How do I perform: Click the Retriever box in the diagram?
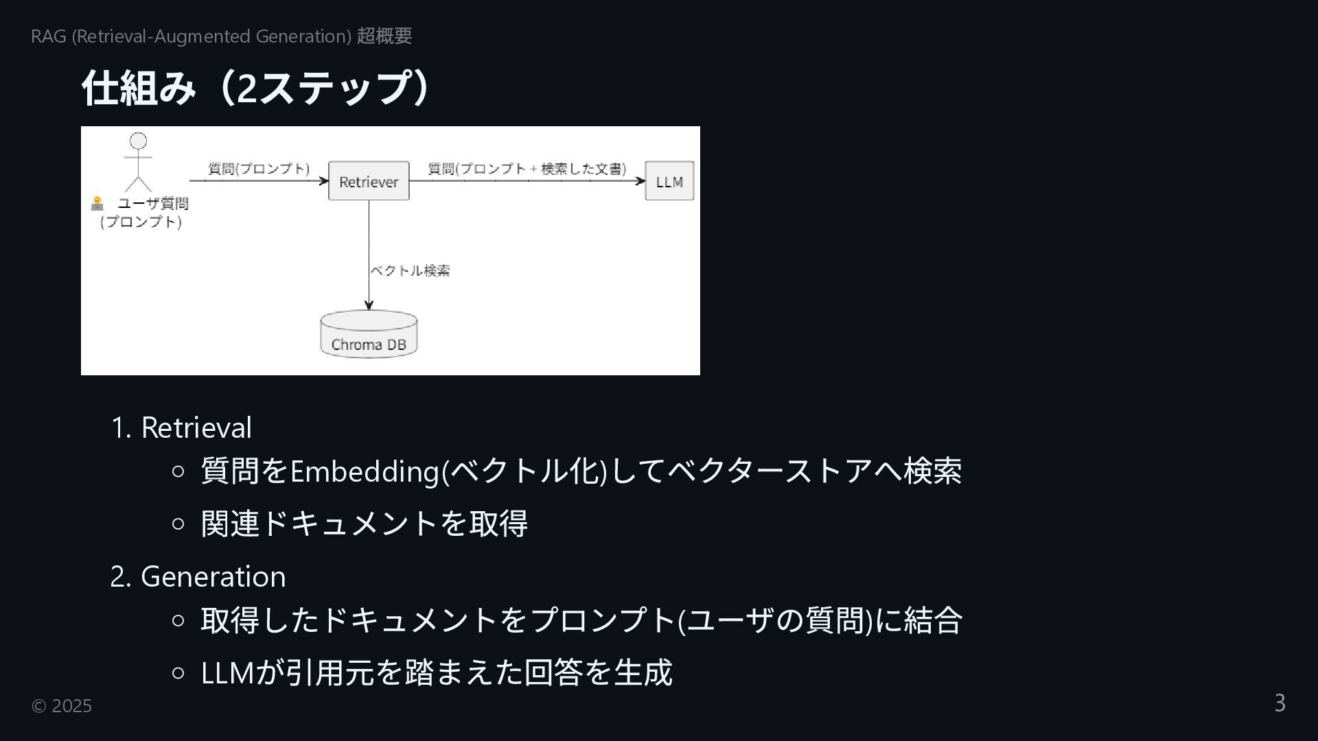(369, 181)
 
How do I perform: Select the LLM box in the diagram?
(669, 181)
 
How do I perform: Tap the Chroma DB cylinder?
(369, 335)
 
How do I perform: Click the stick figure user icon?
(138, 162)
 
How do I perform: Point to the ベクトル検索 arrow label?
(411, 270)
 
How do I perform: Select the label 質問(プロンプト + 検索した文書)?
(527, 169)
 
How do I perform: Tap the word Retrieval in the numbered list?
(196, 427)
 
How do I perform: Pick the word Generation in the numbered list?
(213, 576)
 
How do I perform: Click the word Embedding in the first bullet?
(365, 471)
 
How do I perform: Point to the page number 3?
(1280, 703)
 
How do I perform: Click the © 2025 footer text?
(62, 705)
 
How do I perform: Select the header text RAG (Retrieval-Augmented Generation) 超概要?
(221, 36)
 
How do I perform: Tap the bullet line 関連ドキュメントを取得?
(364, 524)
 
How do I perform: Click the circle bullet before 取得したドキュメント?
(178, 620)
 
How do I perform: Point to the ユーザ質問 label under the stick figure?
(152, 204)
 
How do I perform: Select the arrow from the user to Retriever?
(258, 181)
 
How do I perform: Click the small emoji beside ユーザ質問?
(97, 203)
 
